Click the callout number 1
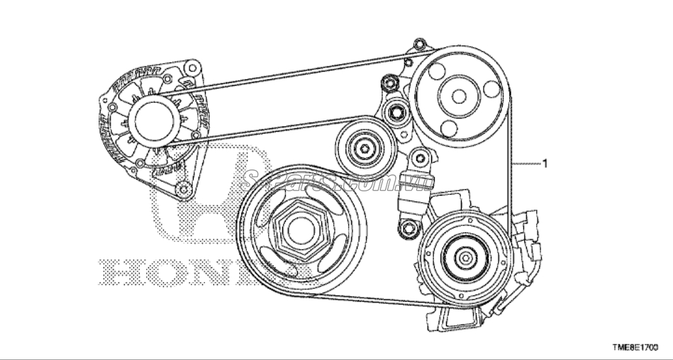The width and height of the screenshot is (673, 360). pyautogui.click(x=545, y=164)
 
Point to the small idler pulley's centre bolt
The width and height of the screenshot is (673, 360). pyautogui.click(x=365, y=147)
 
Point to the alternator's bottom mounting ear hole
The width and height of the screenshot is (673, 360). pyautogui.click(x=186, y=187)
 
